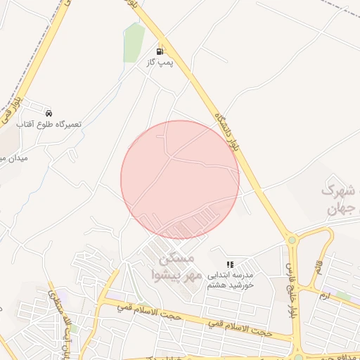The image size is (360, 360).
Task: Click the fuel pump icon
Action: [160, 51]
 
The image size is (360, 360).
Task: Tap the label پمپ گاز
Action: [160, 63]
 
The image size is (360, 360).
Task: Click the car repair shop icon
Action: [48, 113]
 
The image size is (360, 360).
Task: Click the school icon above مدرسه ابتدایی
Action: [230, 264]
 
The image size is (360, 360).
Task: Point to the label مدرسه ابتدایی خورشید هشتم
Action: [230, 280]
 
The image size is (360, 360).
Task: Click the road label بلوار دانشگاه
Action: [231, 127]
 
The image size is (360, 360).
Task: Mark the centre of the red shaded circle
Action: [180, 179]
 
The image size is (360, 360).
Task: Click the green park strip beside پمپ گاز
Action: [133, 42]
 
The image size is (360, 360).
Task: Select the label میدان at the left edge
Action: [13, 159]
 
